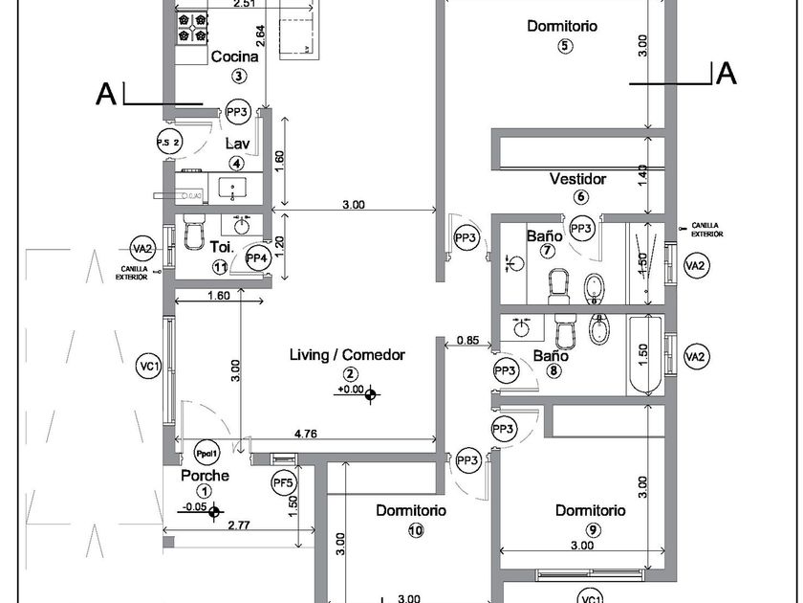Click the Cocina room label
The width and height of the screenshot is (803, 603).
pyautogui.click(x=234, y=56)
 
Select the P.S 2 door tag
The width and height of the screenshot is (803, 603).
pyautogui.click(x=168, y=144)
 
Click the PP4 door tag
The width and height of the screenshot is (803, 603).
pyautogui.click(x=256, y=257)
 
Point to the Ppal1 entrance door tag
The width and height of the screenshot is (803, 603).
pyautogui.click(x=206, y=453)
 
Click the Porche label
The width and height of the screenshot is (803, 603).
pyautogui.click(x=205, y=476)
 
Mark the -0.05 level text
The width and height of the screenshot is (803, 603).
pyautogui.click(x=194, y=508)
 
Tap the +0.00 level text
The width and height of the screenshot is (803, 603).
pyautogui.click(x=350, y=390)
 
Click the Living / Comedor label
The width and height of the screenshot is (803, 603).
pyautogui.click(x=347, y=355)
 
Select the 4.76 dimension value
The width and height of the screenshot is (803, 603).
pyautogui.click(x=306, y=434)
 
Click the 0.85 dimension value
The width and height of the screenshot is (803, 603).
pyautogui.click(x=467, y=340)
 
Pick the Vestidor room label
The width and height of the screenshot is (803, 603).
pyautogui.click(x=577, y=179)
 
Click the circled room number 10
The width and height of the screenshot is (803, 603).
pyautogui.click(x=414, y=530)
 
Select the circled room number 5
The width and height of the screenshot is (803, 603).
pyautogui.click(x=565, y=46)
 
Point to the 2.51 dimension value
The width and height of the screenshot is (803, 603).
pyautogui.click(x=244, y=4)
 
